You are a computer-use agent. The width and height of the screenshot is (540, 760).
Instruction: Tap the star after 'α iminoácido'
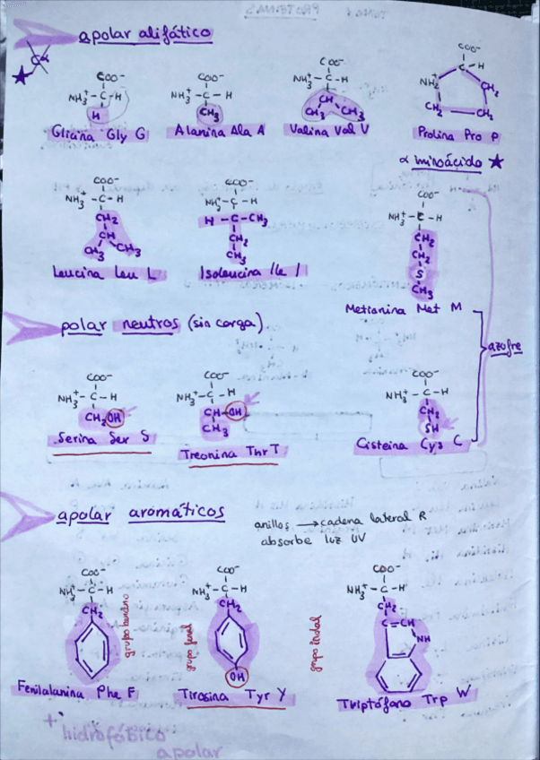496,162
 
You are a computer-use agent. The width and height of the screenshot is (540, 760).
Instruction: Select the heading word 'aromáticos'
176,514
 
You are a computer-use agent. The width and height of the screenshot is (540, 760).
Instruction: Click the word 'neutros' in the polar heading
150,324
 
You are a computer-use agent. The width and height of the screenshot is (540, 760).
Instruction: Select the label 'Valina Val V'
330,129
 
